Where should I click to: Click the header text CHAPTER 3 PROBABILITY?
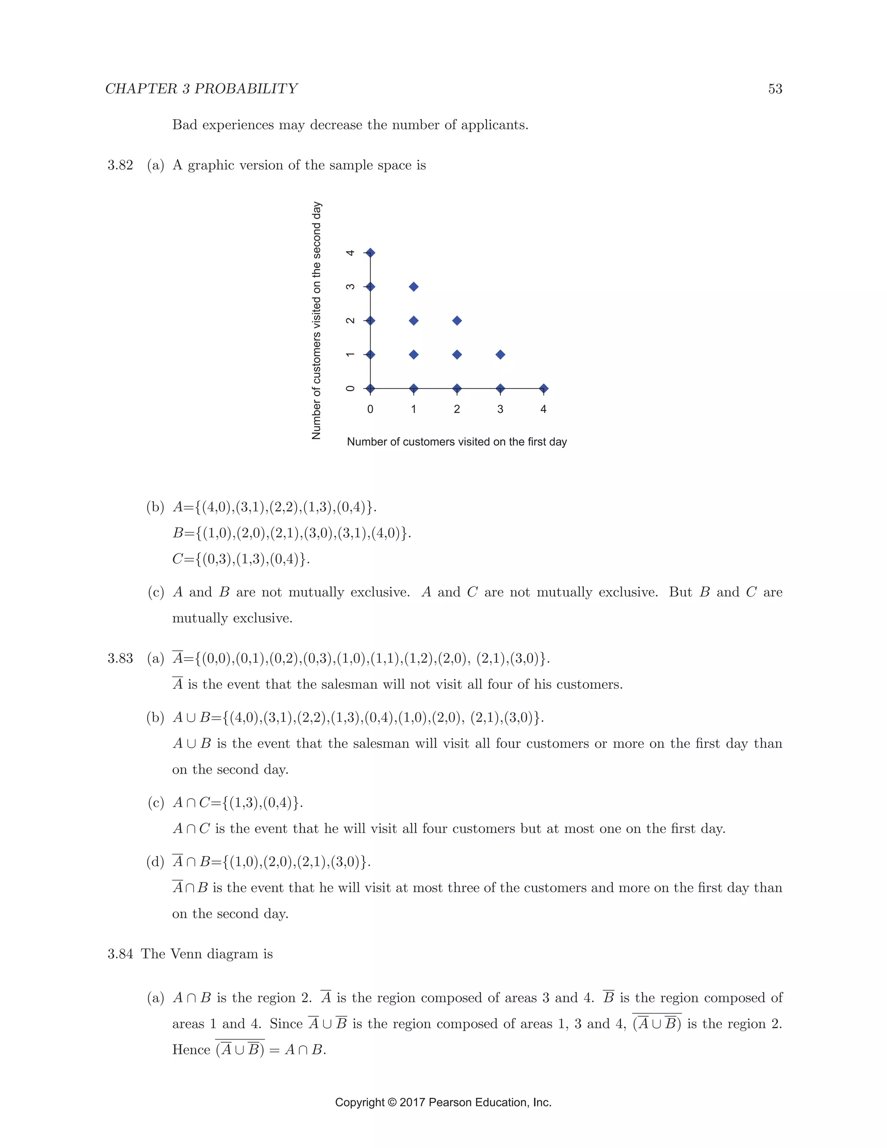201,89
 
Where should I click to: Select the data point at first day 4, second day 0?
544,389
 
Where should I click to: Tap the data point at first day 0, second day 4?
370,253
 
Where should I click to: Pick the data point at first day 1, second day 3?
414,286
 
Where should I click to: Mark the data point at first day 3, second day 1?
500,355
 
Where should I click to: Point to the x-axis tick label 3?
500,409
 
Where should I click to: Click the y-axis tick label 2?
350,321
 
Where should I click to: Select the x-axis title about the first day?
456,442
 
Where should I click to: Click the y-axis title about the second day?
316,320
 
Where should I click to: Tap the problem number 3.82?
120,165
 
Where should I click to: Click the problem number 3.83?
120,658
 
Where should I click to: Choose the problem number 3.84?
120,954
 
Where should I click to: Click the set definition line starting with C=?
241,559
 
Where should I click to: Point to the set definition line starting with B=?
291,533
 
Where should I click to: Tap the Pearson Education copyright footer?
443,1102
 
